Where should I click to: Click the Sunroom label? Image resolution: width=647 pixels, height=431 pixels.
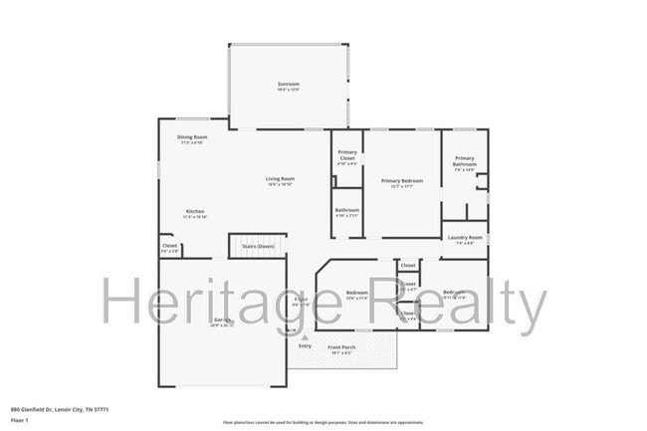coord(289,85)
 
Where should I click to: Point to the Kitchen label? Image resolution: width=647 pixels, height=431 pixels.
coord(195,211)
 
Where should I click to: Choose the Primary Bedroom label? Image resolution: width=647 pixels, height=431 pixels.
coord(402,180)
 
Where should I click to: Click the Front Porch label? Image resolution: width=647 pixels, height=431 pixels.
coord(342,347)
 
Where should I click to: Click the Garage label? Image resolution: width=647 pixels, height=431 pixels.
coord(221,320)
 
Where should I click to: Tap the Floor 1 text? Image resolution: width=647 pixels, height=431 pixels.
coord(18,421)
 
